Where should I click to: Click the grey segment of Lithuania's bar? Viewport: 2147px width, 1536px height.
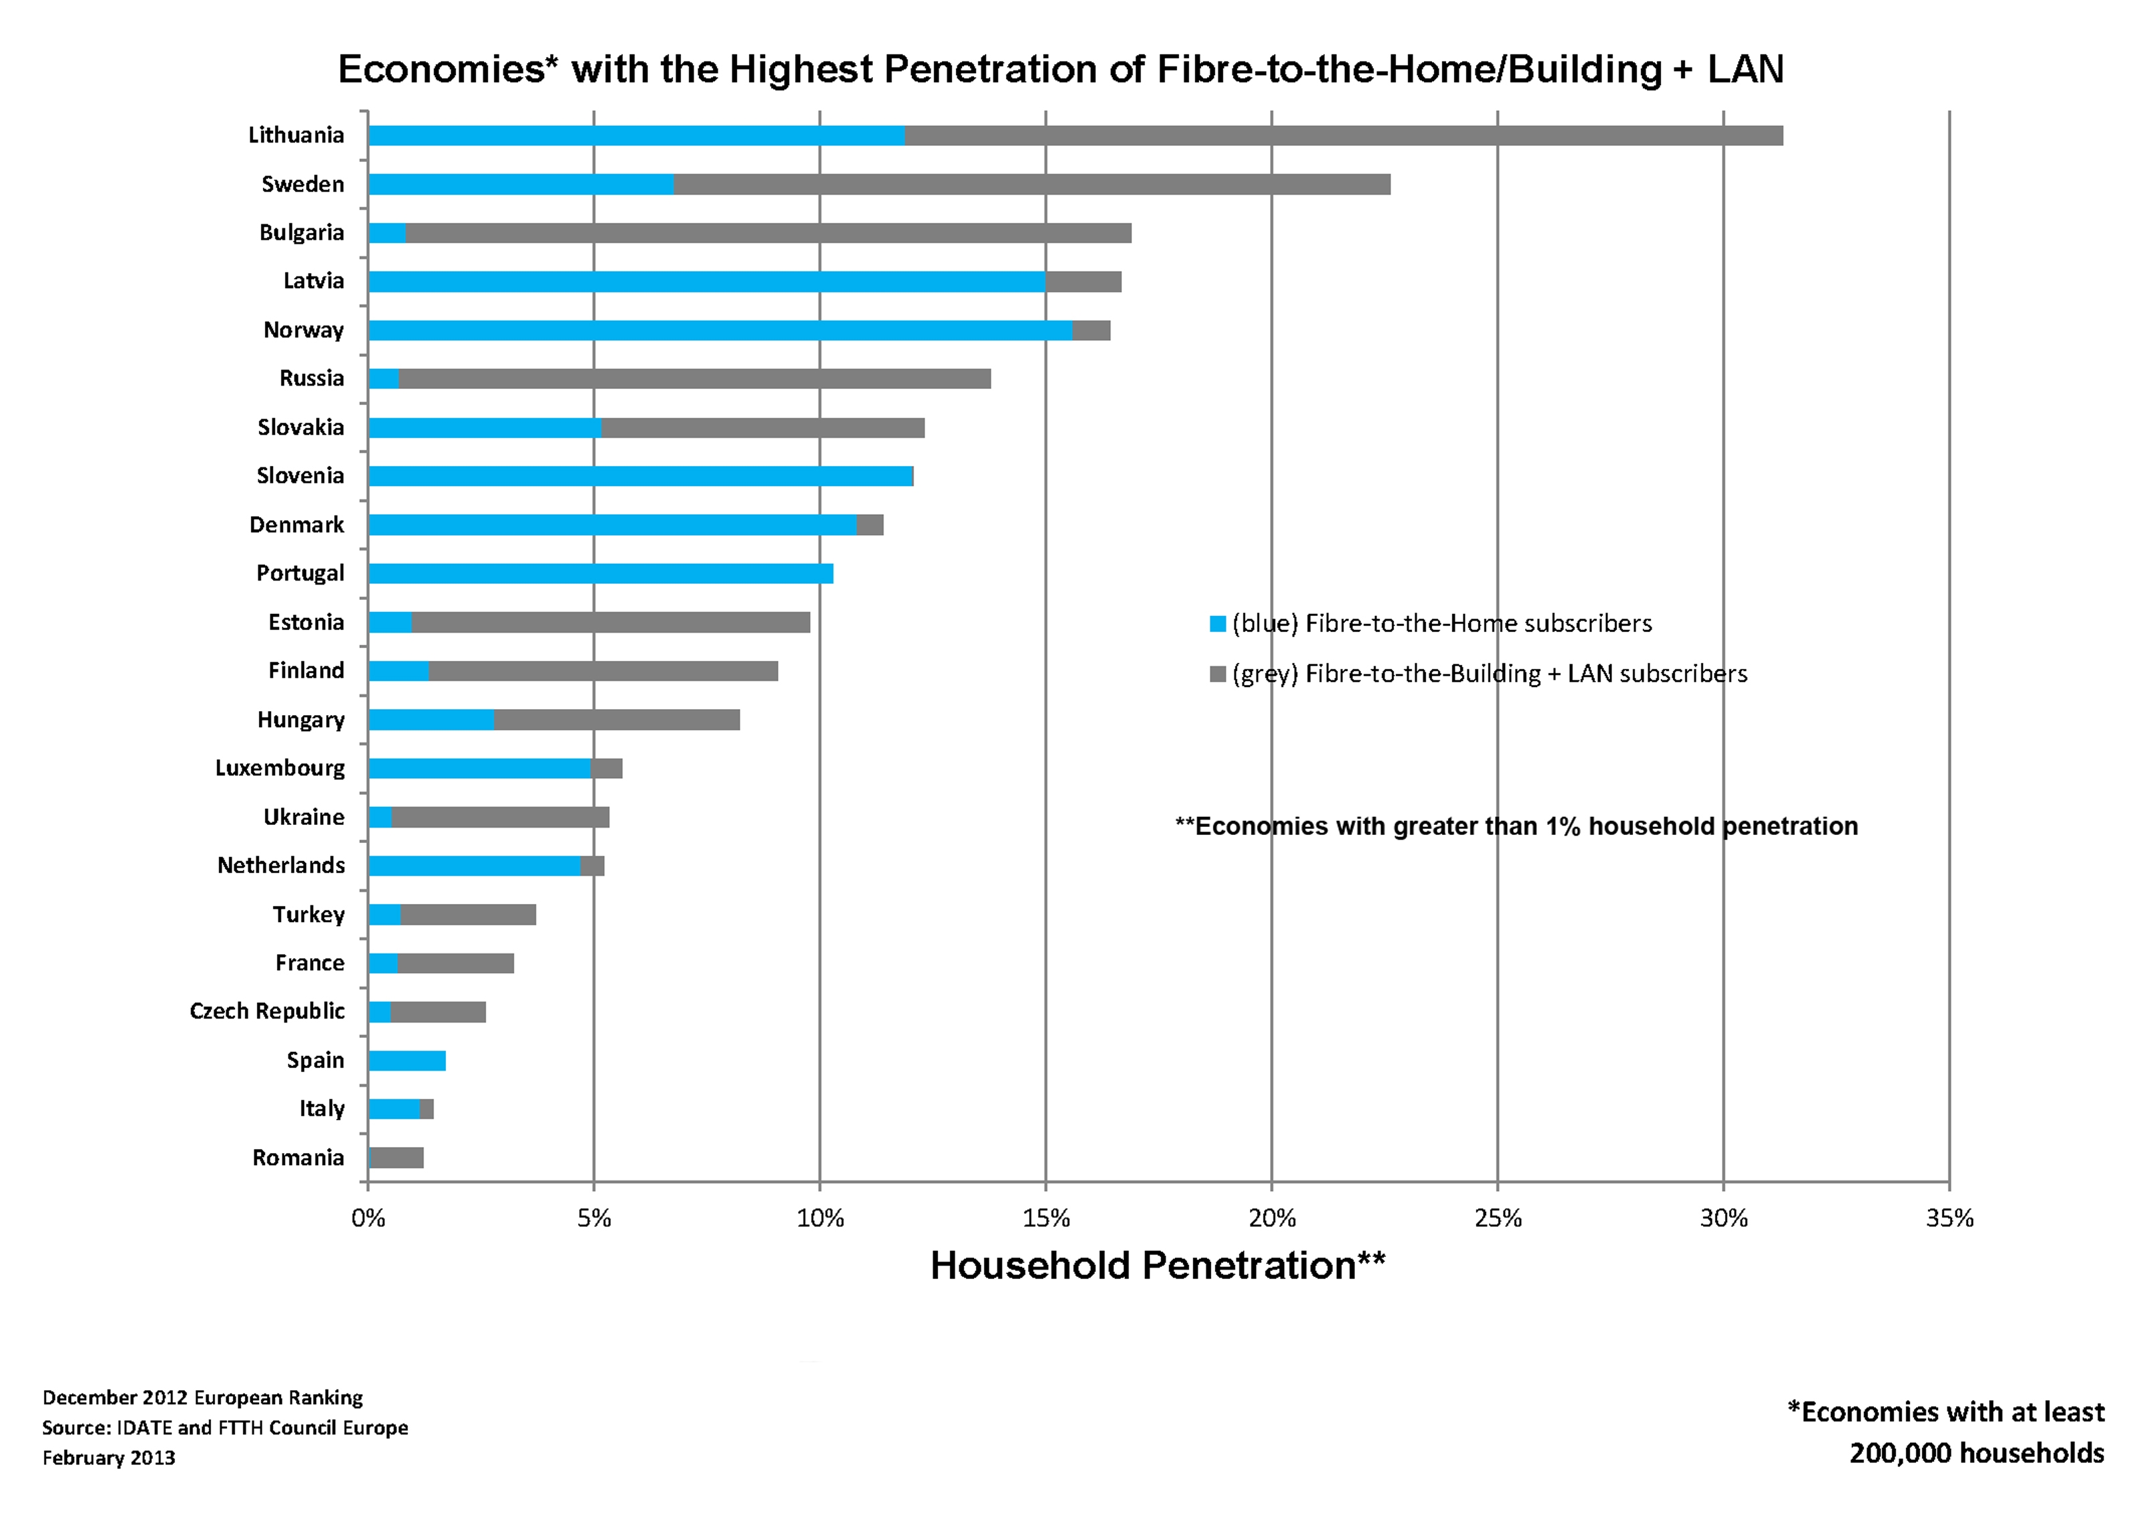point(1344,135)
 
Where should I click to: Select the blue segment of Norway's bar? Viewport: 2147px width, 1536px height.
point(720,330)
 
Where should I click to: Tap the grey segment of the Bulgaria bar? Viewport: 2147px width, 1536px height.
point(769,232)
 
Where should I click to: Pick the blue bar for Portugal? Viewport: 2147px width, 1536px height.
point(601,573)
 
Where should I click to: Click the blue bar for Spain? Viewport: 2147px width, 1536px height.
point(406,1060)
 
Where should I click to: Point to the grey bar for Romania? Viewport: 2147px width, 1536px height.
point(396,1158)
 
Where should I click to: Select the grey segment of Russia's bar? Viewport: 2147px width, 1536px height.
point(695,378)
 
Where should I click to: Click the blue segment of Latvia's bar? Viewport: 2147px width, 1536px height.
point(707,281)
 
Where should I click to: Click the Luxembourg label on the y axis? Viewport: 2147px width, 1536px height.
point(280,768)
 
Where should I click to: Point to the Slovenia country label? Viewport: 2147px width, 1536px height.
point(301,476)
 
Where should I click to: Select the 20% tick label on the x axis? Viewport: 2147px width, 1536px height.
point(1271,1218)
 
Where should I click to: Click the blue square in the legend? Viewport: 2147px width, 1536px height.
point(1218,624)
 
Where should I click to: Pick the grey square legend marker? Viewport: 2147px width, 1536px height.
point(1218,674)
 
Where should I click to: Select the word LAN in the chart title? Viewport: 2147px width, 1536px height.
point(1745,69)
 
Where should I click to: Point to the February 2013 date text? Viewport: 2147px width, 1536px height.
point(108,1458)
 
